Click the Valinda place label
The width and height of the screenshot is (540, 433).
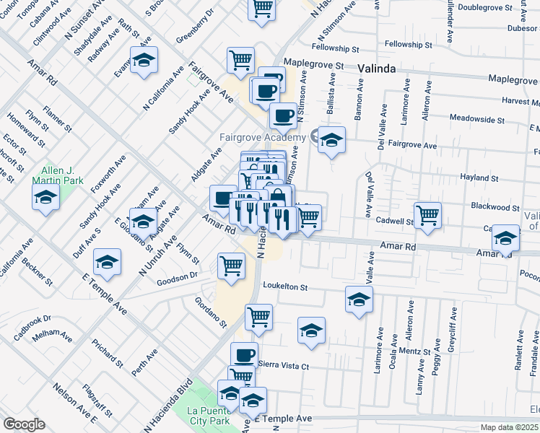[x=376, y=69]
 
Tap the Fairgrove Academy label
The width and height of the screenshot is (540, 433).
[x=265, y=137]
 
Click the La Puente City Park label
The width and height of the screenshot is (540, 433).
[x=209, y=415]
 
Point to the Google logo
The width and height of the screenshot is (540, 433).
[x=25, y=424]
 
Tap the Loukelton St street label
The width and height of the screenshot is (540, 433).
[x=285, y=287]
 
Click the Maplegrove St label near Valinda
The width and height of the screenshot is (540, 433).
[x=313, y=64]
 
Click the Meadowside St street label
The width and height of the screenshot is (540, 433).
[x=476, y=118]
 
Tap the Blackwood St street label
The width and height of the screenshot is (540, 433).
[x=495, y=206]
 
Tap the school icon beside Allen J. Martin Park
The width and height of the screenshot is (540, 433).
[x=45, y=196]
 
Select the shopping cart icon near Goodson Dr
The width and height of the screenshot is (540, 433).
[x=231, y=265]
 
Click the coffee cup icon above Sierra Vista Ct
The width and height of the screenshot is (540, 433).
[x=244, y=354]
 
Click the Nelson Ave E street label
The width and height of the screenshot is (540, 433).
[x=74, y=403]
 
